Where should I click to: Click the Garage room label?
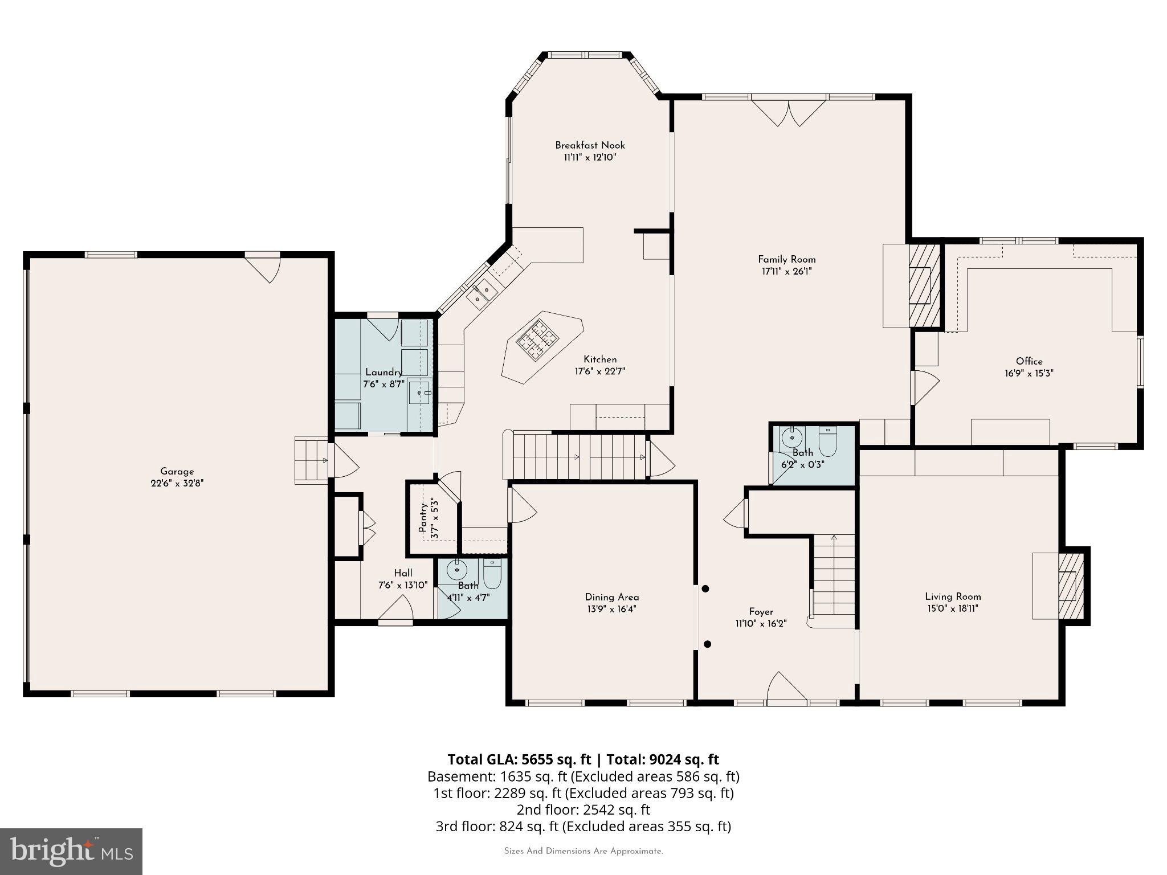177,471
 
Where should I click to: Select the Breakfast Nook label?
590,145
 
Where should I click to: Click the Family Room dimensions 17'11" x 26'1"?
786,272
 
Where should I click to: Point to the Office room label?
1029,361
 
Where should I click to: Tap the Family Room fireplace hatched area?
923,285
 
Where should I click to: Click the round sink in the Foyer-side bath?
791,438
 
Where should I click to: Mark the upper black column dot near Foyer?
705,588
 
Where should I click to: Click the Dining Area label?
612,597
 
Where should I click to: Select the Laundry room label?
383,372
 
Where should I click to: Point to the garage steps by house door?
311,460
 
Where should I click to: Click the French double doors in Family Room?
789,113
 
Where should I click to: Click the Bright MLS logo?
71,851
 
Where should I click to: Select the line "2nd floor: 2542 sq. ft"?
583,809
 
